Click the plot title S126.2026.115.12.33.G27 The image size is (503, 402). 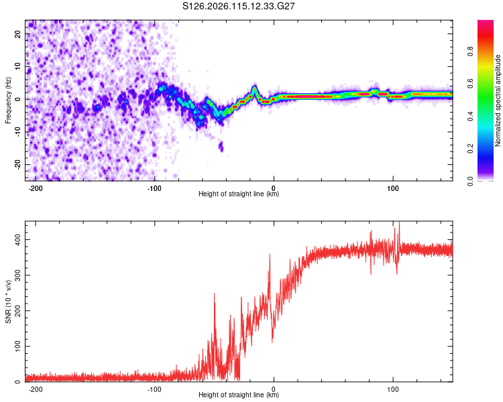(238, 6)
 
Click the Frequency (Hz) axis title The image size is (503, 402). (8, 100)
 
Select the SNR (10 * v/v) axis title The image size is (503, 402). (8, 301)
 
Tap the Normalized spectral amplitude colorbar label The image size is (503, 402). (498, 100)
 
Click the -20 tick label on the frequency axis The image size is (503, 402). (17, 164)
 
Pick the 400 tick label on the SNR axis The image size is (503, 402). (17, 239)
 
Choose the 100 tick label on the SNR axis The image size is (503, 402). (17, 346)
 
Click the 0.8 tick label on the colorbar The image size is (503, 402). (470, 52)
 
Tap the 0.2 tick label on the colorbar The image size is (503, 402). (470, 149)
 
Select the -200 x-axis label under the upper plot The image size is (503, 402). (36, 188)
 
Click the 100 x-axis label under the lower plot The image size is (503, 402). (392, 389)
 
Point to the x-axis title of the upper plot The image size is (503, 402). (239, 194)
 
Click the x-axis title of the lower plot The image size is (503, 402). (239, 395)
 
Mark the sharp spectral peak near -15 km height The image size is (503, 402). (255, 88)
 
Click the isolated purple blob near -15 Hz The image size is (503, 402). (221, 147)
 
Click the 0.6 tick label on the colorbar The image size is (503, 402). (470, 84)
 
